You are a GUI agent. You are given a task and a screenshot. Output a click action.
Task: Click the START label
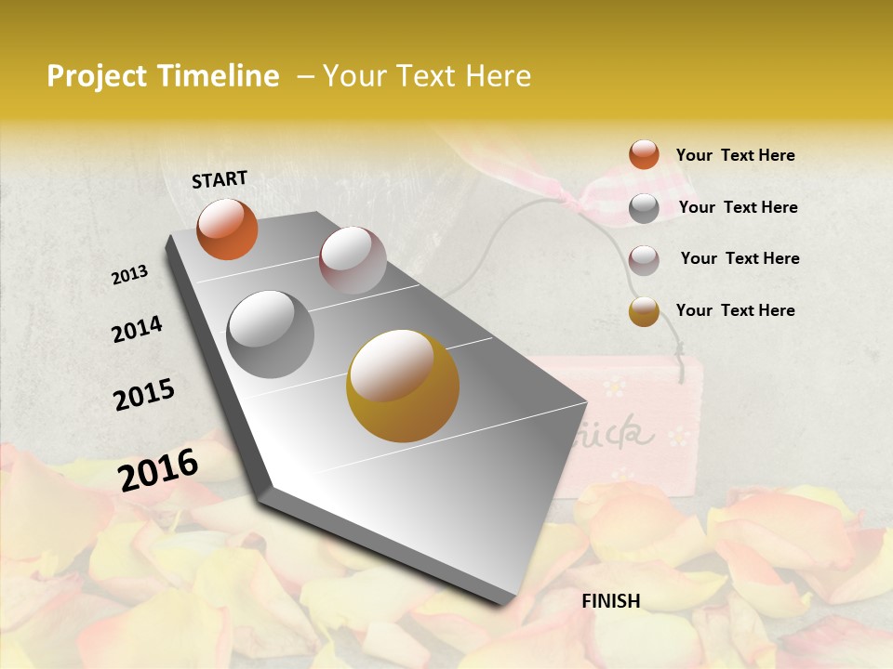pyautogui.click(x=220, y=179)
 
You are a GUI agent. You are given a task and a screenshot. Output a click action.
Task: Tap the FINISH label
pyautogui.click(x=611, y=601)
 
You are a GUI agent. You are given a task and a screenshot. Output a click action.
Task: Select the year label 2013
pyautogui.click(x=130, y=275)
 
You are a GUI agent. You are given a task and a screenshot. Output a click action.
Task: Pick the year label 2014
pyautogui.click(x=137, y=330)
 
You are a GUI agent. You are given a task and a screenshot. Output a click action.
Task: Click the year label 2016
pyautogui.click(x=158, y=470)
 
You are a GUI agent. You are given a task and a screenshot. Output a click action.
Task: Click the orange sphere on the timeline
pyautogui.click(x=227, y=229)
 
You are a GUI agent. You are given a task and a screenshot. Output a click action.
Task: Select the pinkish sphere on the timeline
pyautogui.click(x=353, y=260)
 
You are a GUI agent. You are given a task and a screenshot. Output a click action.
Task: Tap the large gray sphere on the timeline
pyautogui.click(x=271, y=334)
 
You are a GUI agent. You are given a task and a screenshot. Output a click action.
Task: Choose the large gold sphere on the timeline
pyautogui.click(x=403, y=386)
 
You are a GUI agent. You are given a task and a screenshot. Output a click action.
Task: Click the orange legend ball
pyautogui.click(x=644, y=155)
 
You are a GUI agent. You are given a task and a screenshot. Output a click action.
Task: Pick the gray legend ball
pyautogui.click(x=644, y=208)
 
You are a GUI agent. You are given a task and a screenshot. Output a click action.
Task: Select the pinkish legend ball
pyautogui.click(x=644, y=259)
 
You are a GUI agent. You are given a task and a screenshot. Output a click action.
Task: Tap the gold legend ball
pyautogui.click(x=644, y=311)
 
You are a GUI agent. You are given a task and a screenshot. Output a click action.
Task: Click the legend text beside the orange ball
pyautogui.click(x=735, y=155)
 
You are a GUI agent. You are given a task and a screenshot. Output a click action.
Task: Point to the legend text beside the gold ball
pyautogui.click(x=735, y=310)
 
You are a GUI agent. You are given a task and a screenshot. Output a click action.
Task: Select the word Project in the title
pyautogui.click(x=95, y=76)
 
